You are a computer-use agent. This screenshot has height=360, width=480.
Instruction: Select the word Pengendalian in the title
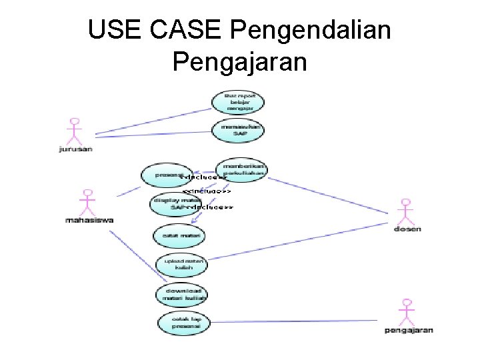[x=313, y=30]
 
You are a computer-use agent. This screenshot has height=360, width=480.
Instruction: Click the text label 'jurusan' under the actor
[x=75, y=149]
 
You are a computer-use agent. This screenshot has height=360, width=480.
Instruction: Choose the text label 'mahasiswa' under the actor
[x=89, y=220]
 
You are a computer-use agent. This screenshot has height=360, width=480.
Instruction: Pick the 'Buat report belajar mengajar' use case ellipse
[x=238, y=101]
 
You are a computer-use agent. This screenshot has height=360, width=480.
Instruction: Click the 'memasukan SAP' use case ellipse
[x=238, y=130]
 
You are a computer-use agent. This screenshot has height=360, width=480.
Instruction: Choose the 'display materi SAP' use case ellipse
[x=175, y=204]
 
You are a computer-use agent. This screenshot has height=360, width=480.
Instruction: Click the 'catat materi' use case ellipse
[x=177, y=235]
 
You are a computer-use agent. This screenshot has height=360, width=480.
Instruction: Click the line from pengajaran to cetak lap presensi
[x=300, y=322]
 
